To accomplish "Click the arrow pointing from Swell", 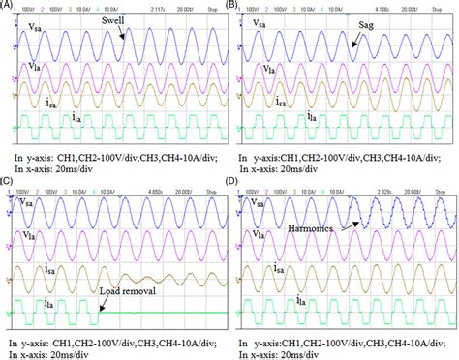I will click(x=121, y=32).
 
